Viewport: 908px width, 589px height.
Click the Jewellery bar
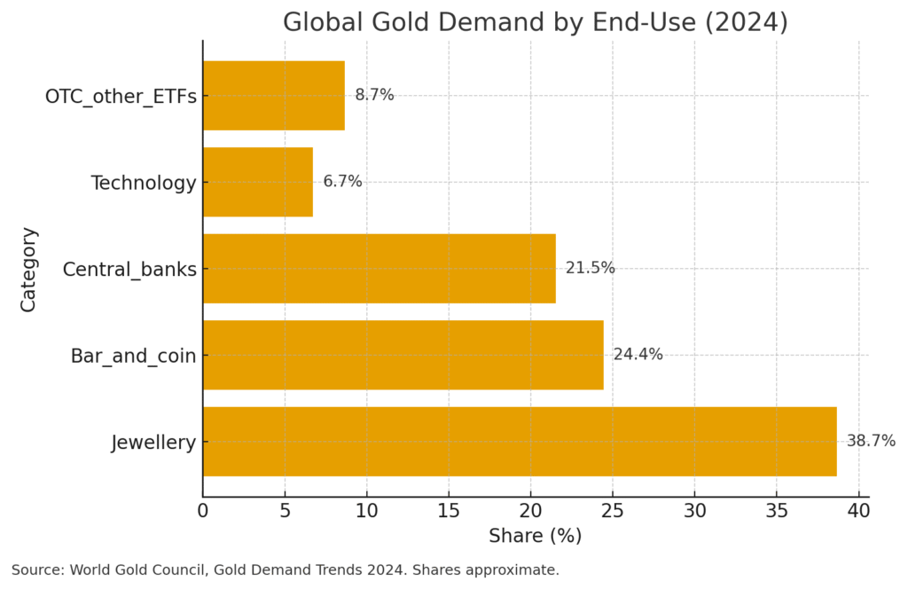pos(519,442)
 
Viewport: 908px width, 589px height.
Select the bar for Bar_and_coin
pos(403,355)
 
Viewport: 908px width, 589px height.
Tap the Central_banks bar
pos(379,269)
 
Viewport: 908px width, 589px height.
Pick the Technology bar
pos(257,182)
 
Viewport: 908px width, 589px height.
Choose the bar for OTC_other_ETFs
pos(273,96)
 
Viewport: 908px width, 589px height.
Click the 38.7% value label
pos(870,441)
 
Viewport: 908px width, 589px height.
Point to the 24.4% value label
pos(638,355)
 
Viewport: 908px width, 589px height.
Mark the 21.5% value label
pos(590,268)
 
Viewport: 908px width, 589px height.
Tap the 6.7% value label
pos(342,182)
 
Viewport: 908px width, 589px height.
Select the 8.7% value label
pos(374,95)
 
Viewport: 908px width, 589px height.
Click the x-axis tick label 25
pos(613,511)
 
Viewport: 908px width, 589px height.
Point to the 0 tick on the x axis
pos(203,511)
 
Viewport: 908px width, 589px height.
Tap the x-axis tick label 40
pos(858,511)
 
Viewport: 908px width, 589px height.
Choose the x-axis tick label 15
pos(449,511)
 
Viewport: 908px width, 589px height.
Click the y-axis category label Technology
pos(143,183)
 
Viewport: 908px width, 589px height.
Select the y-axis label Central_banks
pos(129,270)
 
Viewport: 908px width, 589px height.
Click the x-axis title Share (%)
pos(535,537)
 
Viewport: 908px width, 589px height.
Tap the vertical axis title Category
pos(28,269)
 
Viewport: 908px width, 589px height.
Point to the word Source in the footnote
pos(36,570)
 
